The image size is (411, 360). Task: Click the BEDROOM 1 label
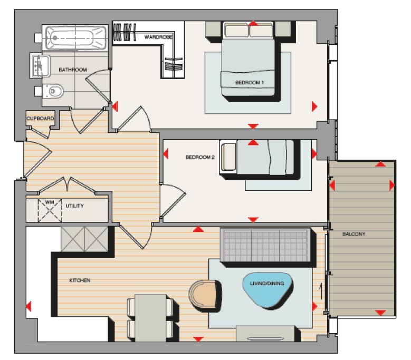(x=249, y=83)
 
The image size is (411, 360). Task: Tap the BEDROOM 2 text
(x=200, y=157)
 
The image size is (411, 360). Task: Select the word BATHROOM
(x=72, y=70)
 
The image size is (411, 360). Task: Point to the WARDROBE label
(x=159, y=37)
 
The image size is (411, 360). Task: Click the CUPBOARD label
(x=40, y=119)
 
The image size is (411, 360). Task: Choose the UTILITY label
(x=75, y=206)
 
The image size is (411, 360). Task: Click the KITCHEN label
(x=80, y=280)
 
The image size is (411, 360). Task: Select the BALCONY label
(x=353, y=233)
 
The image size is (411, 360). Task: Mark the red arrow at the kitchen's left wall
(x=28, y=306)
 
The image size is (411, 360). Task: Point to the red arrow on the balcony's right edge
(x=392, y=185)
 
